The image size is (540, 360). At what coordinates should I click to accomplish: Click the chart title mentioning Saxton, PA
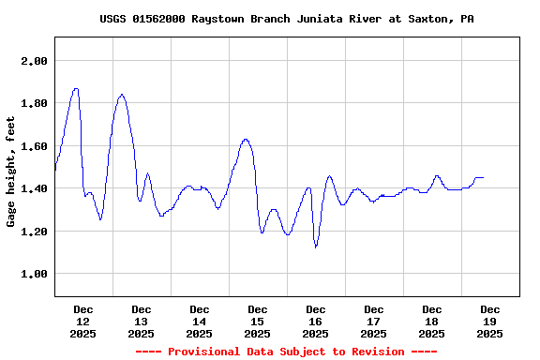pos(286,19)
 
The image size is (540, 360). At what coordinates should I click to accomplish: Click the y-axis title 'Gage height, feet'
pos(11,172)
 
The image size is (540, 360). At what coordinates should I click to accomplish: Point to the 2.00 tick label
pos(34,61)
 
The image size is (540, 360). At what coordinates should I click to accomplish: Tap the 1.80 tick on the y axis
pos(34,103)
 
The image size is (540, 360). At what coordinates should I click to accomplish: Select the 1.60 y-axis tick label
pos(34,146)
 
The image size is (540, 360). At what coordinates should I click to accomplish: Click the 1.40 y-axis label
pos(34,188)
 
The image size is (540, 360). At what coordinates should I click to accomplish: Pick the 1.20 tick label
pos(34,232)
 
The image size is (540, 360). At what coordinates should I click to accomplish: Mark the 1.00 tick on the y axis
pos(34,274)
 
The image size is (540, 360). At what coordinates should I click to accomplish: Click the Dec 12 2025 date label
pos(83,321)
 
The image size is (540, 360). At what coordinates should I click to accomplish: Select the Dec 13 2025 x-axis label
pos(142,321)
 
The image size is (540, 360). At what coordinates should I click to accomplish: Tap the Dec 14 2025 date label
pos(200,321)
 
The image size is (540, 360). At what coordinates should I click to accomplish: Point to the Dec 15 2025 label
pos(258,321)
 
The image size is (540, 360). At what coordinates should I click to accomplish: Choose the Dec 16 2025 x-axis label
pos(316,321)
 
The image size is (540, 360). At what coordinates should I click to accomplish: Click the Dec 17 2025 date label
pos(374,321)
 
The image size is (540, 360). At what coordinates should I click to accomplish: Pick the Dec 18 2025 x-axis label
pos(432,321)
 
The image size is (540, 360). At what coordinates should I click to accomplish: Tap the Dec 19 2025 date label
pos(489,321)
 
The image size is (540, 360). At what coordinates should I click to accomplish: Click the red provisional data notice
pos(286,352)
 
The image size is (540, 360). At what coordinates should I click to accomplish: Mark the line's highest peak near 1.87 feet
pos(76,89)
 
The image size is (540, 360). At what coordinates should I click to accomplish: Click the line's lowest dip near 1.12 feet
pos(316,247)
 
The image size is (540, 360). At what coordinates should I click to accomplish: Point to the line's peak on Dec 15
pos(246,140)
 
